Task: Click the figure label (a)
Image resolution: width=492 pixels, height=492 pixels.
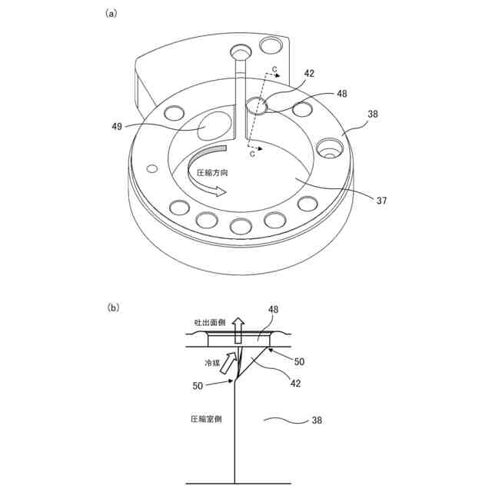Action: click(x=111, y=13)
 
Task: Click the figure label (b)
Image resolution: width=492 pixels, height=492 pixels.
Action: click(x=113, y=307)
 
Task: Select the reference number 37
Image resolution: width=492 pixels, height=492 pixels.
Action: click(x=381, y=201)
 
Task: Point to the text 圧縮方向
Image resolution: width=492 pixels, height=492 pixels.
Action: click(x=213, y=174)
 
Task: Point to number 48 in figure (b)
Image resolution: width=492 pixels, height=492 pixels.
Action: click(x=273, y=310)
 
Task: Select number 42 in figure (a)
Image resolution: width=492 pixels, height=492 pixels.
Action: click(x=309, y=74)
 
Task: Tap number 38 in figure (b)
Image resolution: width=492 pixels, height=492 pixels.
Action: click(x=317, y=420)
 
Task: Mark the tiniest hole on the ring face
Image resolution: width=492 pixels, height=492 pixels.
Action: click(x=152, y=168)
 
